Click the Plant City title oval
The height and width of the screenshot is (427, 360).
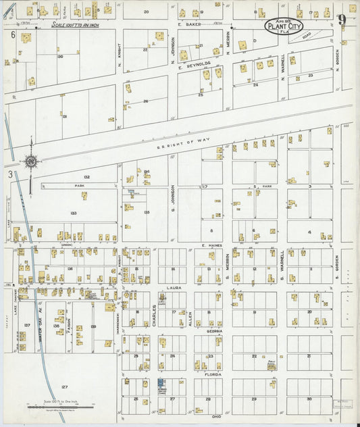click(283, 26)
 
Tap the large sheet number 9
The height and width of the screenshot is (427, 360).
click(344, 20)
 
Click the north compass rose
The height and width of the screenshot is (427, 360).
click(30, 161)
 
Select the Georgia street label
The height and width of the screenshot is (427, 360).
click(214, 331)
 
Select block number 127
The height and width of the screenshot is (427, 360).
click(64, 387)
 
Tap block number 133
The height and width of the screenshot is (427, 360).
click(72, 213)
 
